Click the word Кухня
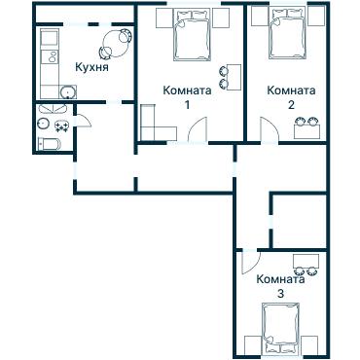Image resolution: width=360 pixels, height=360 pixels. point(91,68)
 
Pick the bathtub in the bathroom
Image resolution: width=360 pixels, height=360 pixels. point(50,144)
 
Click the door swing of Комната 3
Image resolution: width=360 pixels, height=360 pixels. point(246,263)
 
